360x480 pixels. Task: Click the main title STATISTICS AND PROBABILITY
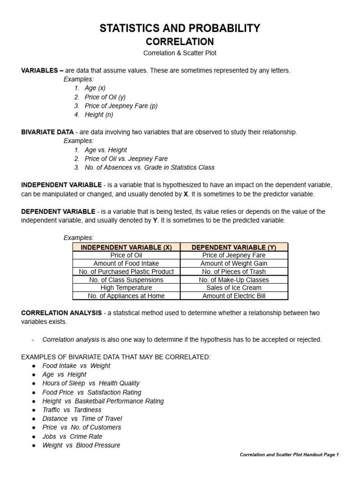point(180,29)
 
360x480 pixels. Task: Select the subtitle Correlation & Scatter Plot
point(180,53)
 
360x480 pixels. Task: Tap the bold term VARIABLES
point(39,70)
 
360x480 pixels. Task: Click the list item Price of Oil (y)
point(105,97)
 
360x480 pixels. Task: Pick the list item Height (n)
point(99,115)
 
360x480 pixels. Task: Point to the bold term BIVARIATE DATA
point(47,132)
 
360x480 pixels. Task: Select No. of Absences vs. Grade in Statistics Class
point(150,167)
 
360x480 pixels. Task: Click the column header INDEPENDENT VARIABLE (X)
point(126,247)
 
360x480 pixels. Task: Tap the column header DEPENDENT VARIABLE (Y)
point(234,247)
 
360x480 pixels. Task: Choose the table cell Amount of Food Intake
point(126,263)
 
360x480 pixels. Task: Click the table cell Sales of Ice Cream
point(234,287)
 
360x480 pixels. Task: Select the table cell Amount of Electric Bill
point(234,296)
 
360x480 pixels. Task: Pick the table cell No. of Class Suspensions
point(126,279)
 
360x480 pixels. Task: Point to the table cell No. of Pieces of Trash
point(234,271)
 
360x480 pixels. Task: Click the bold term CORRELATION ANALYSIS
point(61,313)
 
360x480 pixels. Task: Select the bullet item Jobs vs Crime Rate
point(72,436)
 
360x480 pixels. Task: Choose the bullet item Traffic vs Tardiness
point(72,410)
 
